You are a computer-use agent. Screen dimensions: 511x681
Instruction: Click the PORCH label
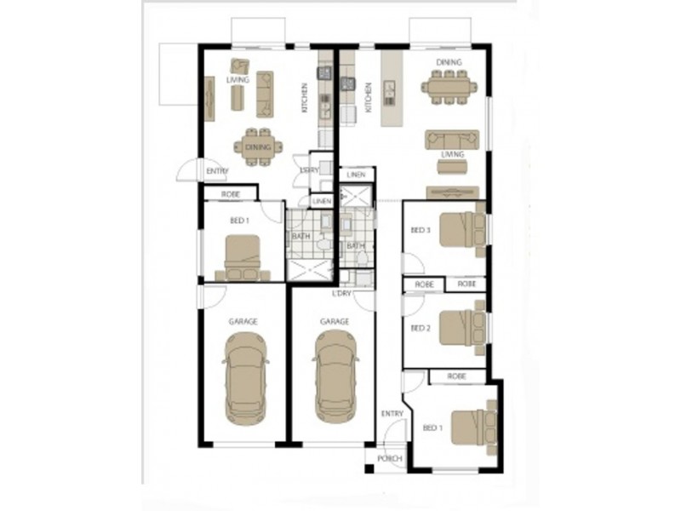[x=388, y=458]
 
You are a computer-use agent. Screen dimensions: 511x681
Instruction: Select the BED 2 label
[x=421, y=327]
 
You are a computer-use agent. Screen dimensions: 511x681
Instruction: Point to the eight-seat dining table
[x=449, y=88]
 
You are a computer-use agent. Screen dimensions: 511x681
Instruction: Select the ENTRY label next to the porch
[x=392, y=414]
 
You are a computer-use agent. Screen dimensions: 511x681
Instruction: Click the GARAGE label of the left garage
[x=243, y=321]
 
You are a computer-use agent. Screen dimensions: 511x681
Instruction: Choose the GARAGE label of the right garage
[x=335, y=321]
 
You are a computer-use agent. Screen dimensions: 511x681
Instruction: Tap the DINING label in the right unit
[x=449, y=62]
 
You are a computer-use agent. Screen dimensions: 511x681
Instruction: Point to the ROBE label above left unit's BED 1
[x=230, y=195]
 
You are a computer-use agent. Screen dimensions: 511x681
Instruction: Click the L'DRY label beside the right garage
[x=342, y=294]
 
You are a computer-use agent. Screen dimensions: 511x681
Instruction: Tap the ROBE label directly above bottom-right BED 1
[x=457, y=375]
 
